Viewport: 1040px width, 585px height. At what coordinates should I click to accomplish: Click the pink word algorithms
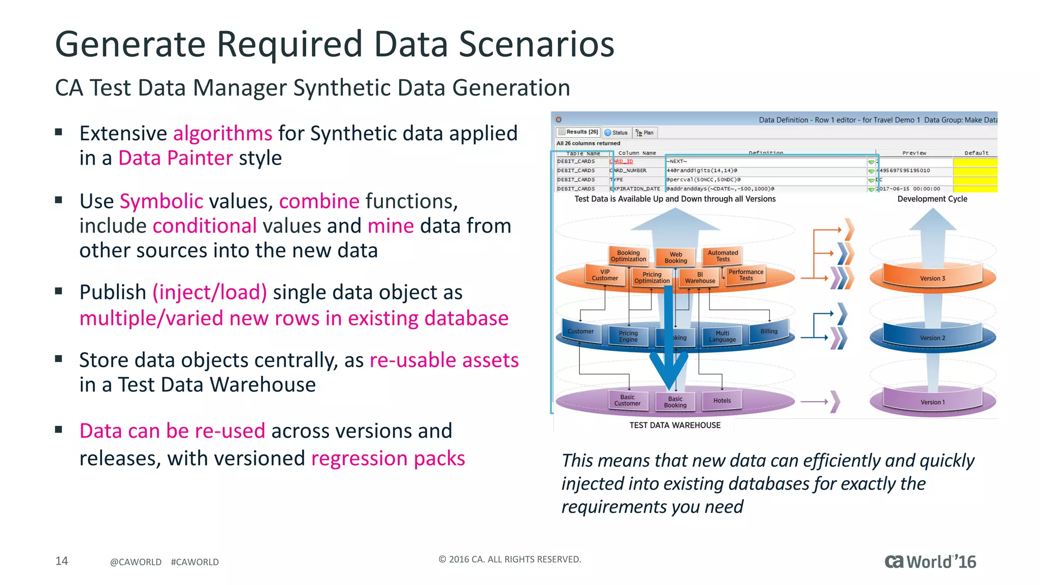pyautogui.click(x=222, y=134)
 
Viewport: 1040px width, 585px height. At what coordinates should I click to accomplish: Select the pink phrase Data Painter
pyautogui.click(x=175, y=158)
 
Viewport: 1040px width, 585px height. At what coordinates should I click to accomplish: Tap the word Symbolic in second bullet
pyautogui.click(x=161, y=202)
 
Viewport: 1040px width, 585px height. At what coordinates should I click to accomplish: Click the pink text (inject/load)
pyautogui.click(x=210, y=292)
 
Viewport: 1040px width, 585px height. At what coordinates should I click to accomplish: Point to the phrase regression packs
pyautogui.click(x=388, y=459)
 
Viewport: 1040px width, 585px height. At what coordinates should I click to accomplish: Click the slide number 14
pyautogui.click(x=61, y=561)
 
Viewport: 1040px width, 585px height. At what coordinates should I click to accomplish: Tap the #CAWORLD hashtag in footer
pyautogui.click(x=194, y=562)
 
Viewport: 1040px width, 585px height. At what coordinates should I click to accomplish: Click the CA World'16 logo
pyautogui.click(x=930, y=562)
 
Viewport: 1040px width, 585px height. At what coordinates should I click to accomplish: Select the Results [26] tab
pyautogui.click(x=579, y=132)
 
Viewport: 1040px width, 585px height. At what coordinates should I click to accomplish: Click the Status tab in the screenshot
pyautogui.click(x=616, y=133)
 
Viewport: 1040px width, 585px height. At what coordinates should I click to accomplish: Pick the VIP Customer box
pyautogui.click(x=605, y=275)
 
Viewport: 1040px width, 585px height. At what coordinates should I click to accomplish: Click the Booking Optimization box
pyautogui.click(x=628, y=256)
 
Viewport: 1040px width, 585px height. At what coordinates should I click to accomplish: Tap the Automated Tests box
pyautogui.click(x=723, y=256)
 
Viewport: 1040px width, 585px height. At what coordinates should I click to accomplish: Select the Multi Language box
pyautogui.click(x=722, y=337)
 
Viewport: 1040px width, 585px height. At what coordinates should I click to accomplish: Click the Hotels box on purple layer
pyautogui.click(x=722, y=401)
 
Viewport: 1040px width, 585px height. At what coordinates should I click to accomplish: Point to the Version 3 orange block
pyautogui.click(x=932, y=278)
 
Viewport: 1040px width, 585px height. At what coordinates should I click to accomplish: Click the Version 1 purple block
pyautogui.click(x=932, y=402)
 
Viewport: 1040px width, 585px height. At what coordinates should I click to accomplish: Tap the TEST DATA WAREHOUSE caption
pyautogui.click(x=675, y=426)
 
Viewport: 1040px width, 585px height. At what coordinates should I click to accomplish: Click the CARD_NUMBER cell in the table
pyautogui.click(x=629, y=171)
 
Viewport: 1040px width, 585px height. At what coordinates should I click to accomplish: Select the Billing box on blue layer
pyautogui.click(x=769, y=332)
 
